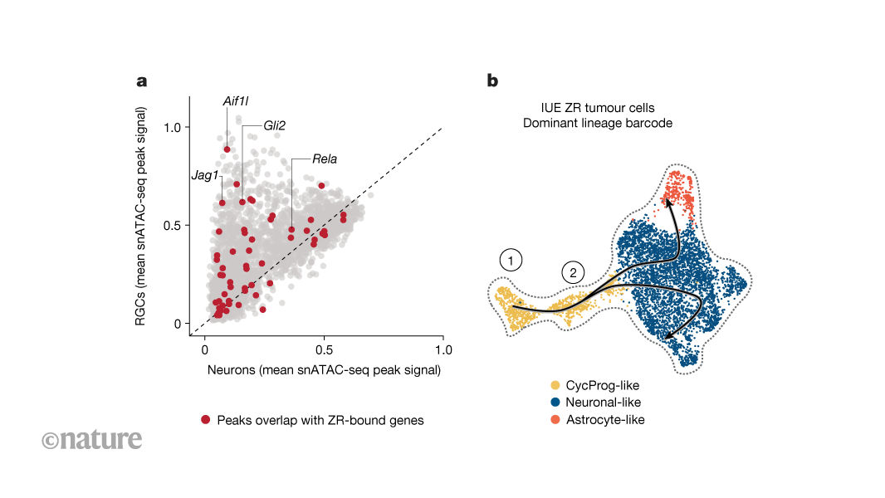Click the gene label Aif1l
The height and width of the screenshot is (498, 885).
coord(234,101)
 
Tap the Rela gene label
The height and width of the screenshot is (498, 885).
coord(325,159)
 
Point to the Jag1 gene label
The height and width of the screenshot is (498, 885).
coord(204,176)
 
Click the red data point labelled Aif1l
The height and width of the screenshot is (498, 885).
coord(227,149)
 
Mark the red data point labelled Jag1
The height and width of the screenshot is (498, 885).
coord(222,203)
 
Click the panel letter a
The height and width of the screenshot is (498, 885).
coord(142,81)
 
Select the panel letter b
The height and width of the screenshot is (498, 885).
coord(492,81)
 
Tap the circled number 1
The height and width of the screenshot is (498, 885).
coord(511,261)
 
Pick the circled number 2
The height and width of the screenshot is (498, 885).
coord(572,271)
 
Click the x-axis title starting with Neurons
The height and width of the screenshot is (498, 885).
coord(323,370)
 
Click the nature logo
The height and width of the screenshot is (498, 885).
coord(91,438)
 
